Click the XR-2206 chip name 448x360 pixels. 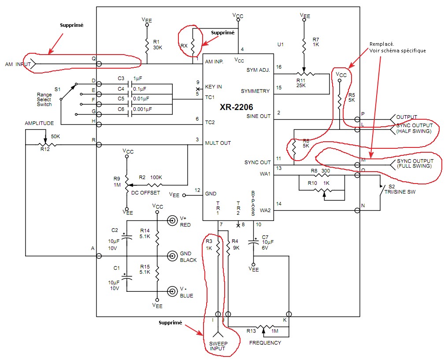[236, 107]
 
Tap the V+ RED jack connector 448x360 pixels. [172, 220]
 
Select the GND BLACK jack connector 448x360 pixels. [172, 256]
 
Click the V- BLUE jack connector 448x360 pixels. [172, 291]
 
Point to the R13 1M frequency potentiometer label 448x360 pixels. [263, 331]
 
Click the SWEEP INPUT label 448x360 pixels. [218, 346]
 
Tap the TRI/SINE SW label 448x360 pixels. [400, 192]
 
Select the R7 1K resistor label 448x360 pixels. [316, 42]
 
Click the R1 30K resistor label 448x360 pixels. [157, 45]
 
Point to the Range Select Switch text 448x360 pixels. [44, 99]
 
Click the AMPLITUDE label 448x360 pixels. [39, 123]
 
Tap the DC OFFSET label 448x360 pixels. [145, 193]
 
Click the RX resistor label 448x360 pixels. [184, 46]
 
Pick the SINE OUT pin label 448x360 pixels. [258, 116]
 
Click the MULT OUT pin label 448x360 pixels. [218, 143]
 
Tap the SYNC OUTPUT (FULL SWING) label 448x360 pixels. [415, 164]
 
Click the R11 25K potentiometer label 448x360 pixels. [301, 83]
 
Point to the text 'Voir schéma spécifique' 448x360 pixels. [397, 51]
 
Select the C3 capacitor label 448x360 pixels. [121, 78]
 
